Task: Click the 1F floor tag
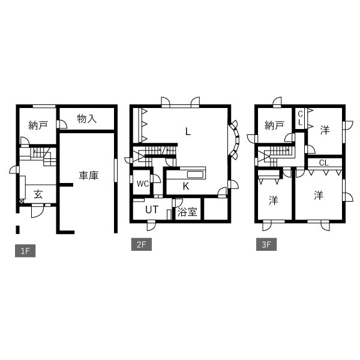25,251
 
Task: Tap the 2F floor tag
142,244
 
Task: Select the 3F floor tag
266,244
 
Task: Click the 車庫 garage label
89,175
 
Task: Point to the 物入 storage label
86,119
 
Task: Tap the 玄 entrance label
38,194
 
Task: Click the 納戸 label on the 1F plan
38,125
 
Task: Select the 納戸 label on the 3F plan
274,125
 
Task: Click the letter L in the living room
188,132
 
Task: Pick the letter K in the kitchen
186,187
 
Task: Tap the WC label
143,184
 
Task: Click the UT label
152,209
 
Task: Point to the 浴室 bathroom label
187,212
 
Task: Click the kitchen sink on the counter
195,175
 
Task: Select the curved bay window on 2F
234,140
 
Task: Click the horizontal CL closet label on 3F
324,163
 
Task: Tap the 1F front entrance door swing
37,211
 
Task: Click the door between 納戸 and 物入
62,124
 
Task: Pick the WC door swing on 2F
155,179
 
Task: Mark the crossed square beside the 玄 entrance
22,202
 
